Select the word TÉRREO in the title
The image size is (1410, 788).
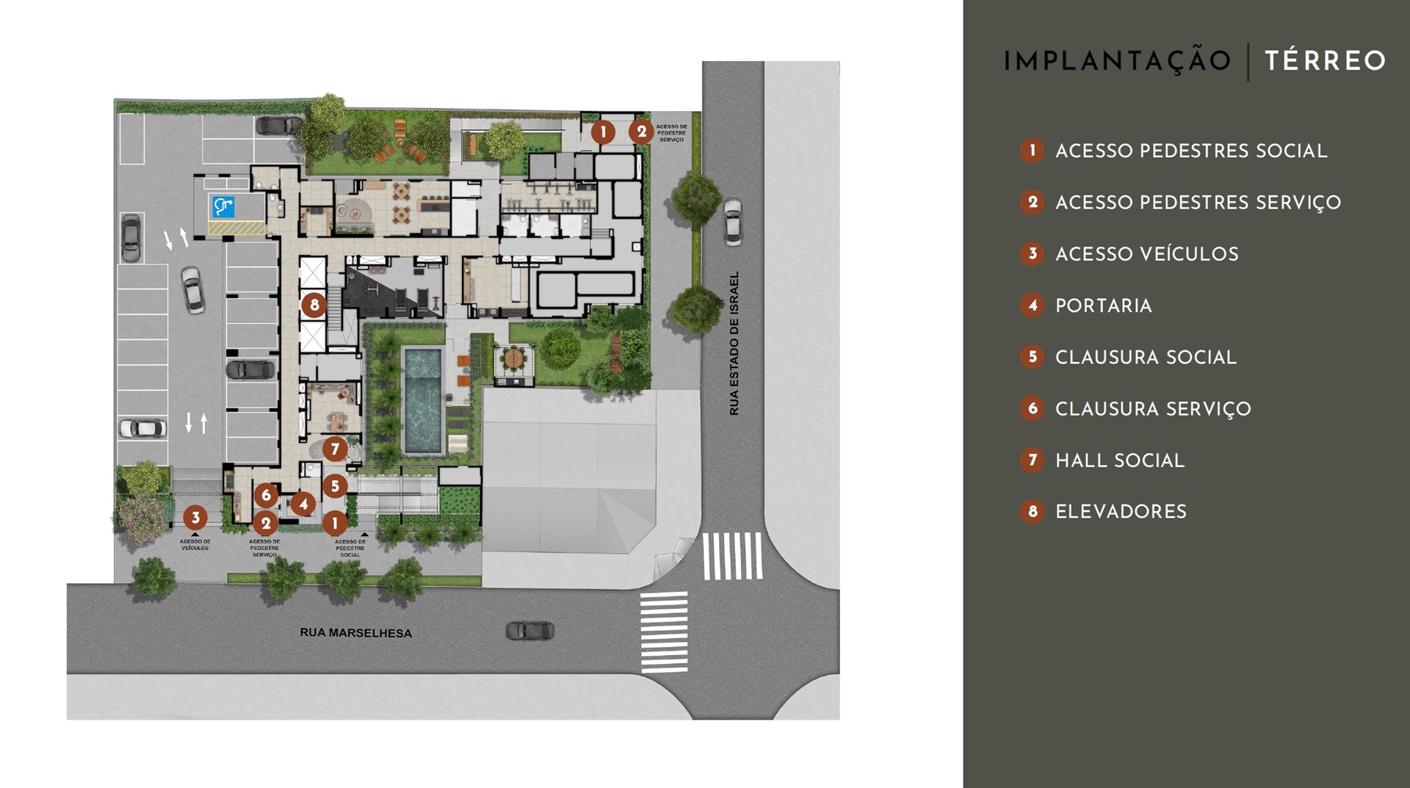click(x=1325, y=60)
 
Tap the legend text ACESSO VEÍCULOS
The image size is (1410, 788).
click(x=1146, y=254)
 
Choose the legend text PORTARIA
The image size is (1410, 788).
click(x=1103, y=306)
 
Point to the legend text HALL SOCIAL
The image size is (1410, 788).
click(x=1119, y=460)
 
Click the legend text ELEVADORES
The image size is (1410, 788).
click(x=1121, y=512)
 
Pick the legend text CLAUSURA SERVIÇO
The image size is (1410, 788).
click(x=1153, y=408)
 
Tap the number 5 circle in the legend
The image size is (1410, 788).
click(x=1032, y=357)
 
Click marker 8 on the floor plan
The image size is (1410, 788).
click(x=314, y=304)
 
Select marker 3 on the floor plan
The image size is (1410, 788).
click(x=195, y=517)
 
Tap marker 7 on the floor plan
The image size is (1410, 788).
click(x=335, y=448)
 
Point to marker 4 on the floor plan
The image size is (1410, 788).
click(x=303, y=504)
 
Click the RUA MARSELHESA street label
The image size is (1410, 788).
click(x=355, y=633)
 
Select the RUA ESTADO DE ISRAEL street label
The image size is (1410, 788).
click(x=734, y=344)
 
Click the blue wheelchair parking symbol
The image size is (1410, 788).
click(x=223, y=206)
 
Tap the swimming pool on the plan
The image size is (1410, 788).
click(x=422, y=401)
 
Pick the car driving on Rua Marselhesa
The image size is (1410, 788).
click(x=529, y=630)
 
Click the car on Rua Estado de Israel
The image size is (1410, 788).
click(x=732, y=221)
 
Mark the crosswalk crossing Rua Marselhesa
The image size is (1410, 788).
click(x=664, y=632)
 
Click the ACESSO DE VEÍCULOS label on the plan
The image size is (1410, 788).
click(x=195, y=544)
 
